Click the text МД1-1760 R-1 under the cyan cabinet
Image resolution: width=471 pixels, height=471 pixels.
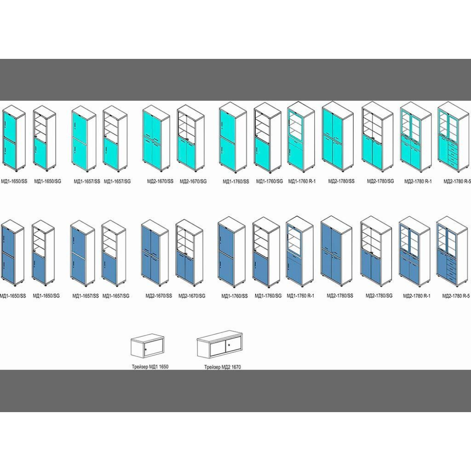[x=301, y=181]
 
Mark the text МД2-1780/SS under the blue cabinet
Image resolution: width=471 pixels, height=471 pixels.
[x=336, y=296]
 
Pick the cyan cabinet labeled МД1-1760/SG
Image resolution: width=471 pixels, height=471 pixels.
[x=268, y=138]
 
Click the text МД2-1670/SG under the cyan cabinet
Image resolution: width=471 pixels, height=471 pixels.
[x=193, y=181]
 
